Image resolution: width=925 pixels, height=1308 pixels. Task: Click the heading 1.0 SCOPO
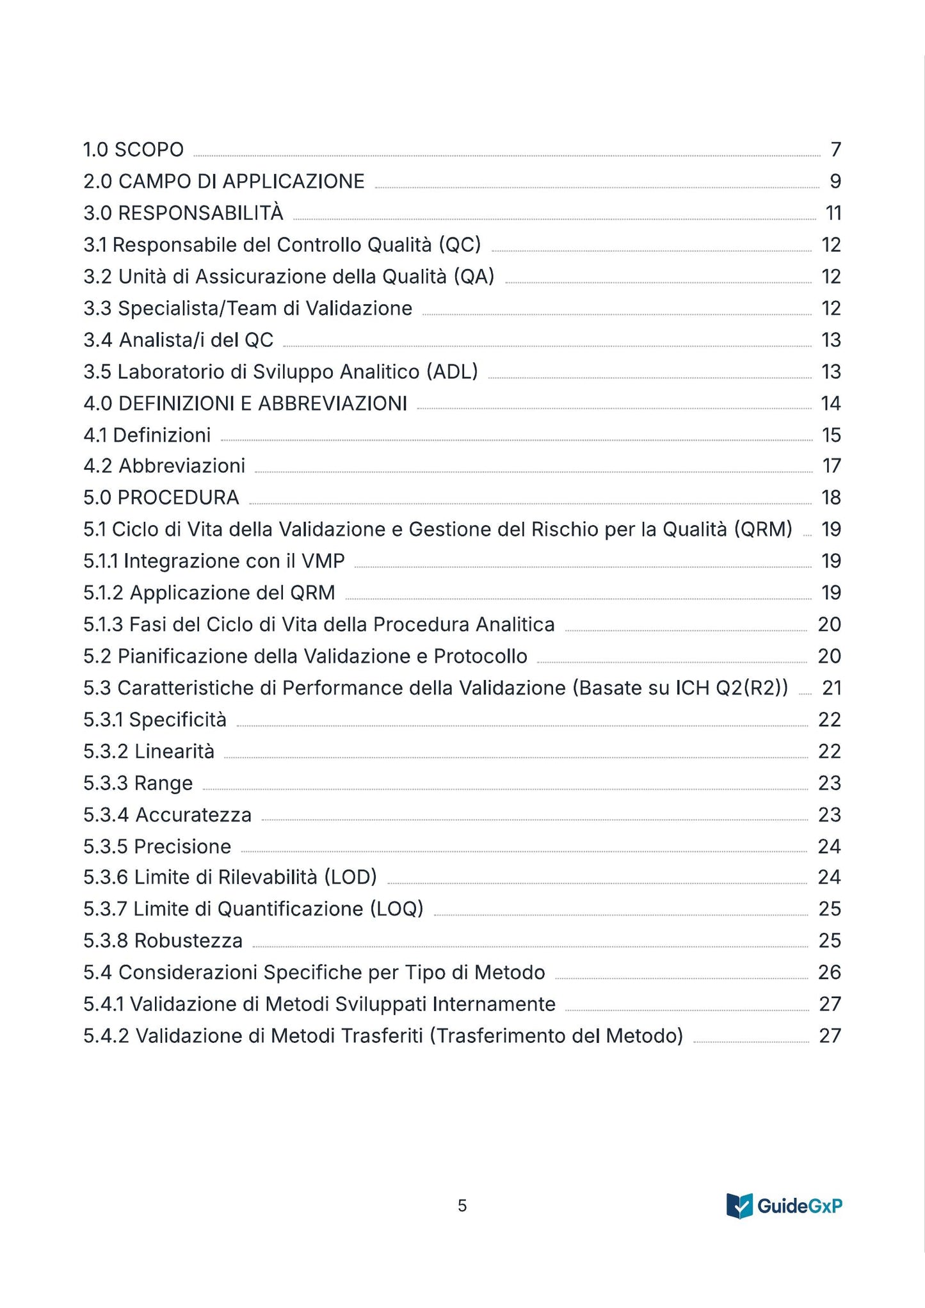pyautogui.click(x=133, y=150)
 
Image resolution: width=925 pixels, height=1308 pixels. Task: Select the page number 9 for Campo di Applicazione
pyautogui.click(x=835, y=182)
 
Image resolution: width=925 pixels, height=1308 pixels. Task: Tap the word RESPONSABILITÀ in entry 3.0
pyautogui.click(x=200, y=213)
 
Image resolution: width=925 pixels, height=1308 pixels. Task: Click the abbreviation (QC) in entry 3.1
pyautogui.click(x=460, y=245)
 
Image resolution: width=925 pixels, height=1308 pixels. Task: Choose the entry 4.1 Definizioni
pyautogui.click(x=147, y=435)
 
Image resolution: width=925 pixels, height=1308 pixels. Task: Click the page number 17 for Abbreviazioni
pyautogui.click(x=831, y=466)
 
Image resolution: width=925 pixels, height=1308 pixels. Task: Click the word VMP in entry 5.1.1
pyautogui.click(x=323, y=561)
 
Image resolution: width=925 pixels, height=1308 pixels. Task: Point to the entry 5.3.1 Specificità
pyautogui.click(x=155, y=720)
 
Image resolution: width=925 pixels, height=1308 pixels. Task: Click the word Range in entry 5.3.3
pyautogui.click(x=163, y=784)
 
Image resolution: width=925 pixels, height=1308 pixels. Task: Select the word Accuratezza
pyautogui.click(x=193, y=815)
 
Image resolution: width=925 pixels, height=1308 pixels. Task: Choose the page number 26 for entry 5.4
pyautogui.click(x=829, y=973)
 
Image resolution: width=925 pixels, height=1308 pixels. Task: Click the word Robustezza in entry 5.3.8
pyautogui.click(x=188, y=941)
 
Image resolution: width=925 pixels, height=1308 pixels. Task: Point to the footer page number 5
pyautogui.click(x=462, y=1206)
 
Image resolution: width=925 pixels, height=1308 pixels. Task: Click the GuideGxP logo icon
pyautogui.click(x=739, y=1206)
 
